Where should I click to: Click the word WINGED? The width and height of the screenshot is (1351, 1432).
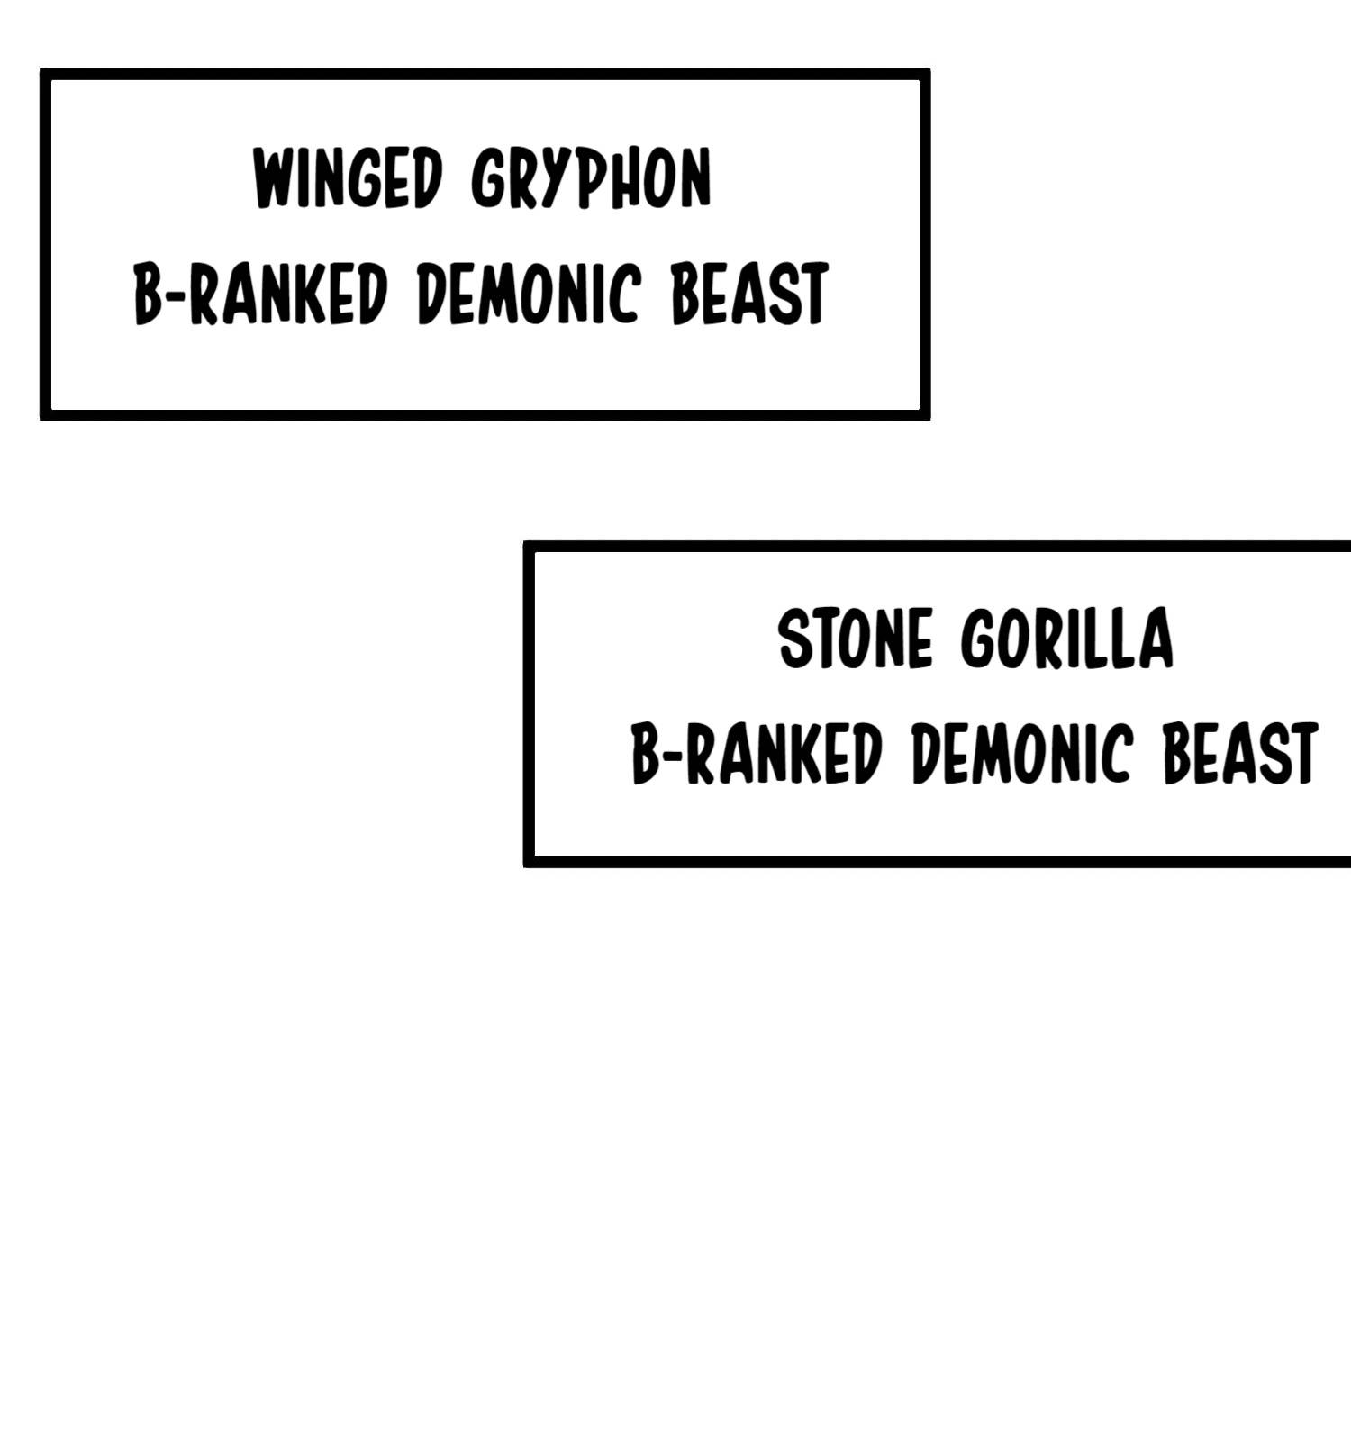(x=348, y=178)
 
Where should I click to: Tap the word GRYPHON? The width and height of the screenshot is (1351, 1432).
(x=591, y=178)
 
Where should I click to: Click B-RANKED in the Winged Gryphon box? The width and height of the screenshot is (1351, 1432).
(x=260, y=295)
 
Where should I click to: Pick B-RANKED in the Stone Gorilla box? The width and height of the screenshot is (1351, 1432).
(x=756, y=753)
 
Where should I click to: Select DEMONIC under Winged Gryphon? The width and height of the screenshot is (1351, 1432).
(x=530, y=295)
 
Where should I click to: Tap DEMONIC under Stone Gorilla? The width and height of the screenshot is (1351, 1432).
(x=1021, y=753)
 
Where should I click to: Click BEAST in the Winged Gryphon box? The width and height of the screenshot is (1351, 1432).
(x=749, y=295)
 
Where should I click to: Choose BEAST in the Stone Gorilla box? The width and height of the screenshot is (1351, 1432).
(x=1240, y=753)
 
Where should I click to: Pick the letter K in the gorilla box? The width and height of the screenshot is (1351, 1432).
(x=816, y=753)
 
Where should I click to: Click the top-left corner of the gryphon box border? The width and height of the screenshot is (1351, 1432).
(x=45, y=73)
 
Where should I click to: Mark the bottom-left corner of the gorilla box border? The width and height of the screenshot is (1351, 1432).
(x=529, y=862)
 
